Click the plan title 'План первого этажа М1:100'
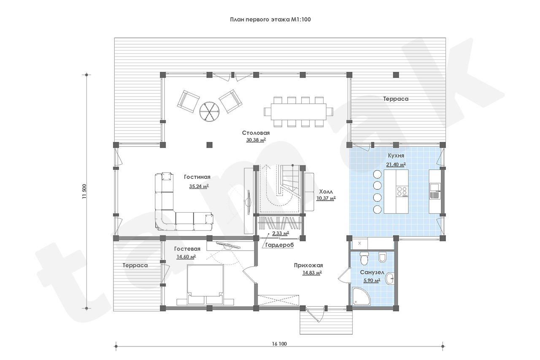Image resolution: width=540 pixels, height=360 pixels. point(270,19)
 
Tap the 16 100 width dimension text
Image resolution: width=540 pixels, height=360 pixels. point(279,344)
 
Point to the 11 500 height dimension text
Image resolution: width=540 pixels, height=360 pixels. point(84,192)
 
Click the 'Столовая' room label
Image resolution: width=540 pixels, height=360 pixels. point(256,133)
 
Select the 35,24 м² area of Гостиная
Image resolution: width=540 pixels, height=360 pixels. point(199,186)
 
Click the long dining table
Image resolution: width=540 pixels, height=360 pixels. point(298,112)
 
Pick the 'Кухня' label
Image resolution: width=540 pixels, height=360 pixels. point(396,156)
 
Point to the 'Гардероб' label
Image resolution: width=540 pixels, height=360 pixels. point(280,245)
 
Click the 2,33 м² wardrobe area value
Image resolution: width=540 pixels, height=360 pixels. point(281,233)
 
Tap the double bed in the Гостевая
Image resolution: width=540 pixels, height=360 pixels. point(205,284)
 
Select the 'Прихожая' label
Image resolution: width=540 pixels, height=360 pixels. point(308,265)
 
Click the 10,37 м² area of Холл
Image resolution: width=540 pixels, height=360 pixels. point(326,198)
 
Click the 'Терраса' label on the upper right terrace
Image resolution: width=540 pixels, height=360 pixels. point(396,99)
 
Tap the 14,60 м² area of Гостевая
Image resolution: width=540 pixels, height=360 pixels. point(186,257)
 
